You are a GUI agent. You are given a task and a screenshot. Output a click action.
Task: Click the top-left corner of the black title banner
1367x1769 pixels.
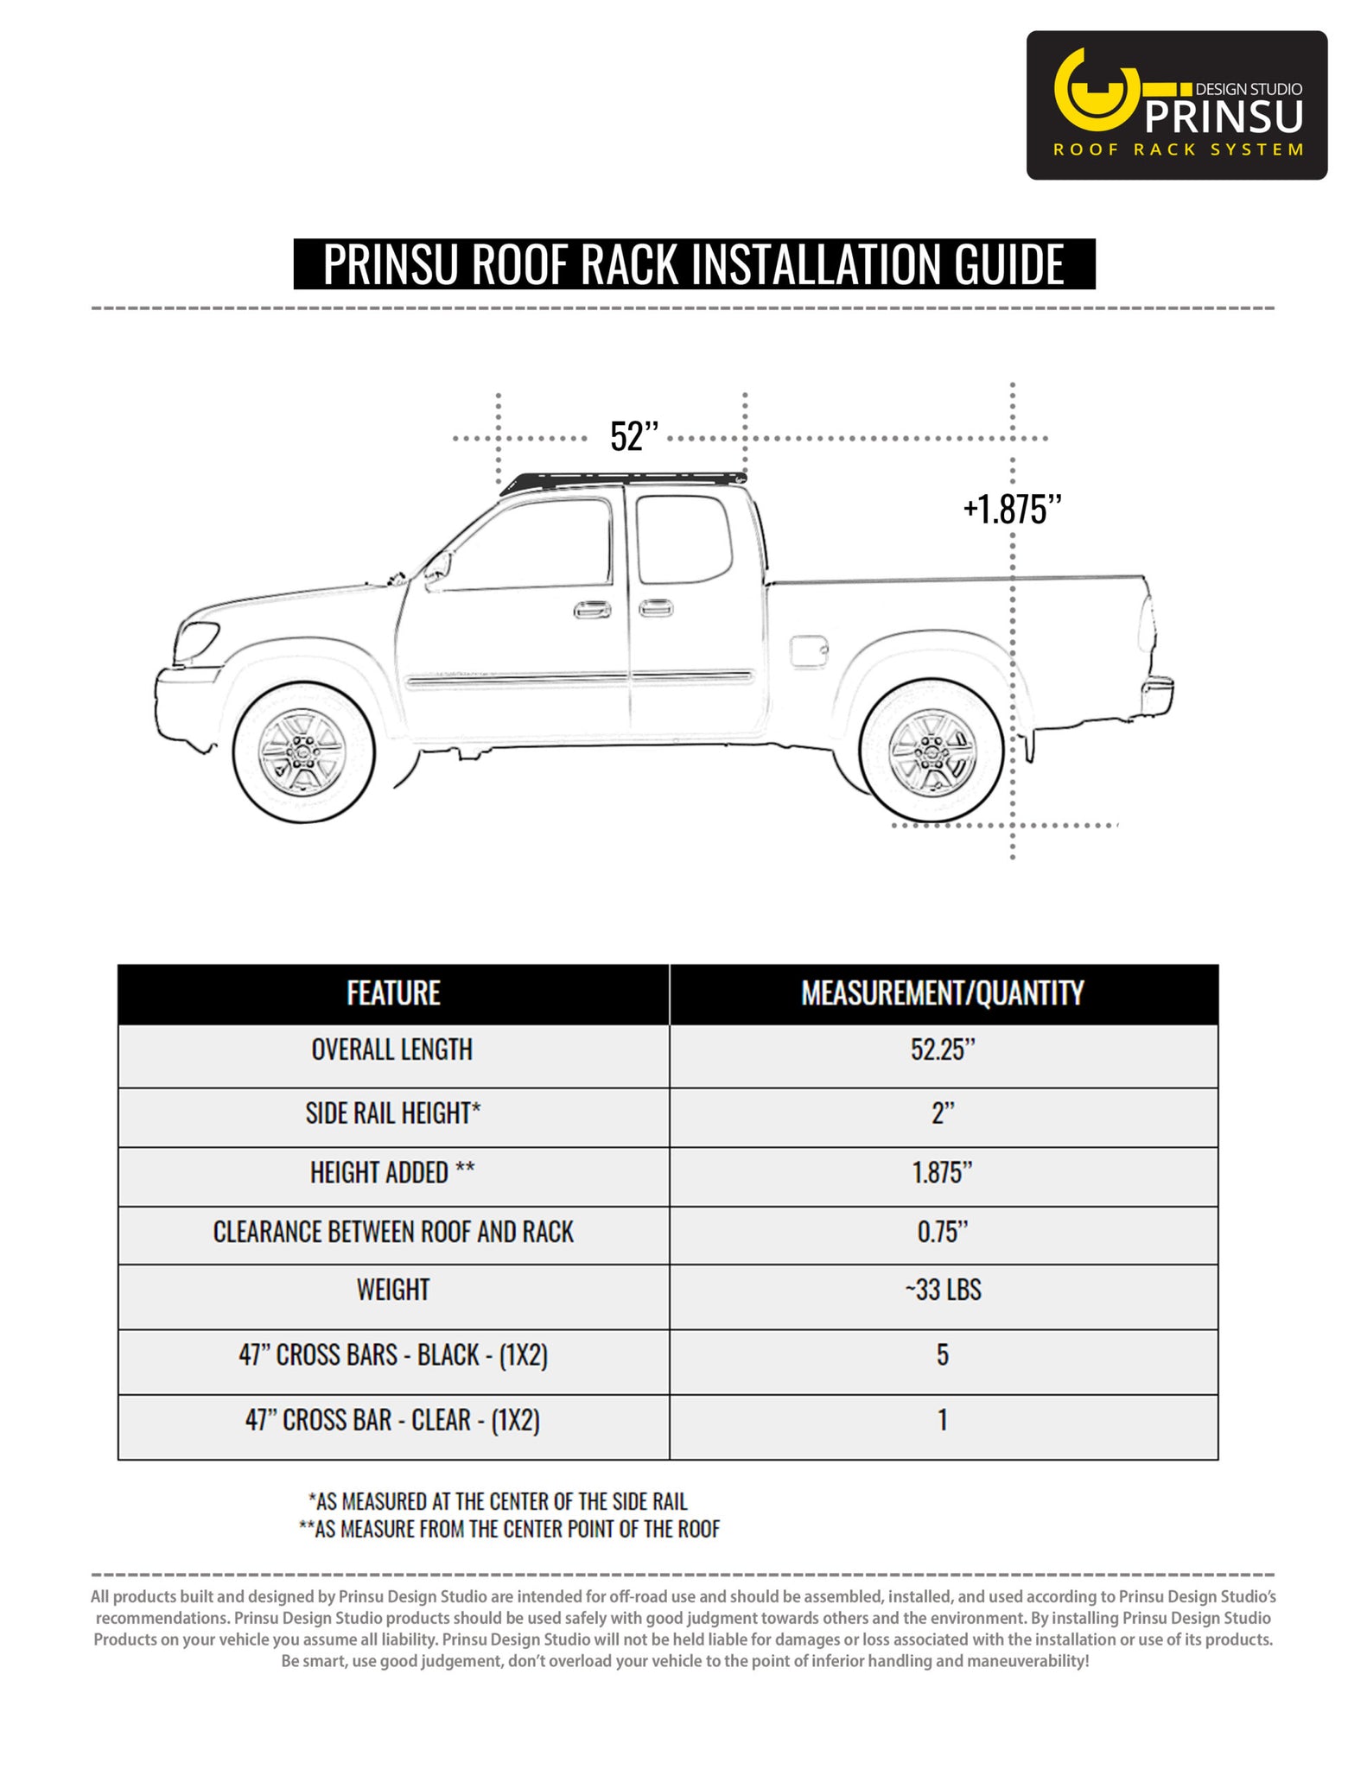tap(294, 239)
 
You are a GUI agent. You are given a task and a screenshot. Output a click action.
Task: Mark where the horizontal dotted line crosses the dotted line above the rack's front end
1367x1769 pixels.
tap(499, 439)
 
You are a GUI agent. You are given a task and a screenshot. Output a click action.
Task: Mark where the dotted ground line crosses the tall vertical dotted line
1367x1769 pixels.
tap(1013, 825)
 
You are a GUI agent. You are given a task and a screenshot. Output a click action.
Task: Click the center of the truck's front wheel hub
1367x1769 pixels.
tap(303, 752)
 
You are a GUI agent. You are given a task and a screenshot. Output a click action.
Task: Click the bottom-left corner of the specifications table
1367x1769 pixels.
tap(118, 1460)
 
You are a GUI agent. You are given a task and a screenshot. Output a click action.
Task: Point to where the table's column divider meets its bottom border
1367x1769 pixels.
tap(670, 1460)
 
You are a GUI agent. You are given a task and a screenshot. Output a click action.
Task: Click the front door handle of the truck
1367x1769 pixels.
tap(592, 609)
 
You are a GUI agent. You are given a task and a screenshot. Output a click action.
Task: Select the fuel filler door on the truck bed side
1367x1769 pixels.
tap(809, 651)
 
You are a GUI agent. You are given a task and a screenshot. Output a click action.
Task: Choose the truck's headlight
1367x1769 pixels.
tap(195, 640)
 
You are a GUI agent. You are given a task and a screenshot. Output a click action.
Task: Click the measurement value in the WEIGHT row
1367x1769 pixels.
tap(943, 1290)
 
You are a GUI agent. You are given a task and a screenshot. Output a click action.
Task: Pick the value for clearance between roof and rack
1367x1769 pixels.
tap(943, 1232)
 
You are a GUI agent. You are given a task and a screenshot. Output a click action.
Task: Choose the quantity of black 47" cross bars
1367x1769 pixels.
tap(943, 1354)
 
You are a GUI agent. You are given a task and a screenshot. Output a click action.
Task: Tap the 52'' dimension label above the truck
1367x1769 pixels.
tap(634, 437)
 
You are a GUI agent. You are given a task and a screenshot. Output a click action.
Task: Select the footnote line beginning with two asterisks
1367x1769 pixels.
tap(509, 1528)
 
